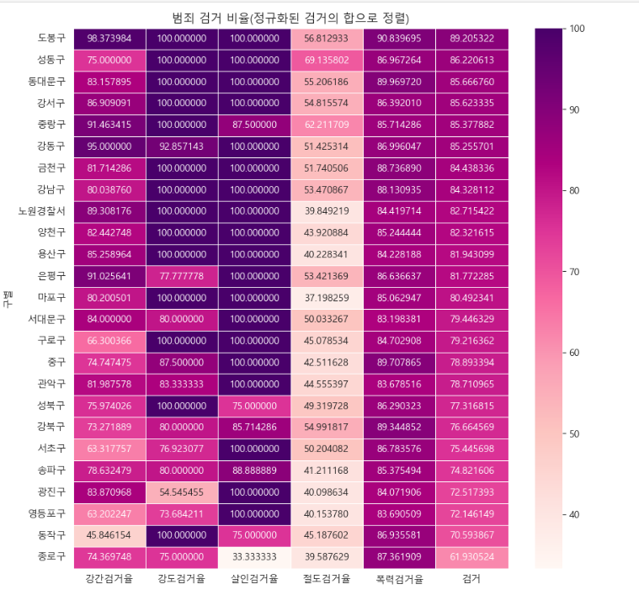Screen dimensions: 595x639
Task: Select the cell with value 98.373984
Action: coord(109,39)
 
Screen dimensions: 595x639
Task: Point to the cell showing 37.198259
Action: coord(327,297)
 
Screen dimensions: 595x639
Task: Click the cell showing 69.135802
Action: coord(327,61)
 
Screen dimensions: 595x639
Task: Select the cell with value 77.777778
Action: coord(182,275)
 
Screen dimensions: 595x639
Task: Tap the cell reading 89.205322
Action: coord(472,39)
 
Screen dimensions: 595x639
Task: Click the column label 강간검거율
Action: coord(109,579)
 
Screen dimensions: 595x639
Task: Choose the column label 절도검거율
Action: coord(327,579)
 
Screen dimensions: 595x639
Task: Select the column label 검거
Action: coord(472,579)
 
